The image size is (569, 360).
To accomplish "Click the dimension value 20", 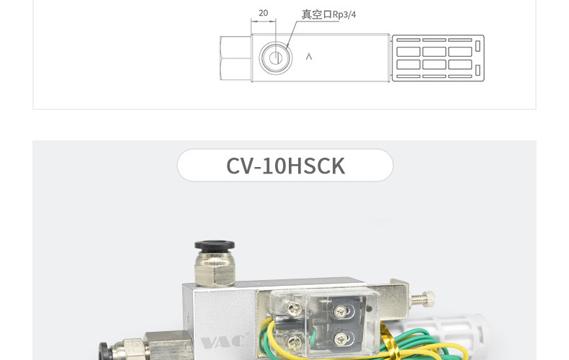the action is point(264,13).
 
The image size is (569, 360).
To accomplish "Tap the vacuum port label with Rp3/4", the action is point(328,14).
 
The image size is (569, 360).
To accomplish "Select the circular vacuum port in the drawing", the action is point(276,58).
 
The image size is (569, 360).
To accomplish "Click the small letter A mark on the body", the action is point(309,57).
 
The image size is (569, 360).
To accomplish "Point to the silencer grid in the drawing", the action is point(439,58).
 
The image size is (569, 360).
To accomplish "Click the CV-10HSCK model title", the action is point(285,166).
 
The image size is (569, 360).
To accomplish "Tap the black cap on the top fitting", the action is point(215,246).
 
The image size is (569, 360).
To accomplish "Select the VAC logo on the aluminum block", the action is point(223,342).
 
